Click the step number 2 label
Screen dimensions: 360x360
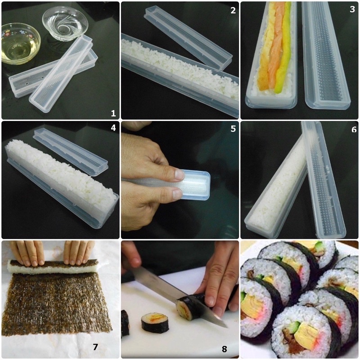click(233, 10)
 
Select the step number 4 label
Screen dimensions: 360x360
click(112, 128)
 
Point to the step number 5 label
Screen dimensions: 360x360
click(233, 129)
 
